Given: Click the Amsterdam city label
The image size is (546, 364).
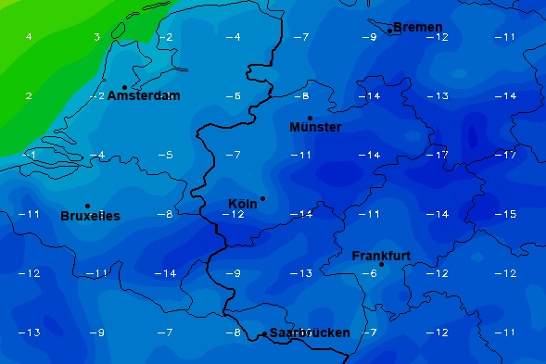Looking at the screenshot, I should (144, 96).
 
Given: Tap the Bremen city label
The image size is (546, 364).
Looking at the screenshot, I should (418, 28).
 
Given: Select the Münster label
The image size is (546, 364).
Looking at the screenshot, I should (315, 127).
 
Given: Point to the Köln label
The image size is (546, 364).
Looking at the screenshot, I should (242, 205).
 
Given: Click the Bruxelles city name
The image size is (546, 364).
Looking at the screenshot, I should (90, 216).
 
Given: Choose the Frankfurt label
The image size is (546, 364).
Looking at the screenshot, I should (381, 256).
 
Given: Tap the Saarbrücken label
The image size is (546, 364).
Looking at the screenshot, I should (310, 333).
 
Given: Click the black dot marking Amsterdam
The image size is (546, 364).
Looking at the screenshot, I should (124, 88).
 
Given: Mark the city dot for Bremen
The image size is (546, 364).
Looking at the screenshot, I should (389, 31).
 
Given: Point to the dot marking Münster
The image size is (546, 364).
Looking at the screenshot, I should (310, 118).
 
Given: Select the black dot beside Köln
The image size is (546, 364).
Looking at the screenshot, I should (262, 198).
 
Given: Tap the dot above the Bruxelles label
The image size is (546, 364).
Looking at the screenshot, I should (87, 206).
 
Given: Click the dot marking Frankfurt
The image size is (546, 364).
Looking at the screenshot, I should (381, 265).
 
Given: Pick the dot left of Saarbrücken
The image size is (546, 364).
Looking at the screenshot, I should (264, 333).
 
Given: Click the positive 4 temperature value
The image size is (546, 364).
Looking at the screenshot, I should (29, 37).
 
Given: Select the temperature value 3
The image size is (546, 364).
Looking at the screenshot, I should (96, 37).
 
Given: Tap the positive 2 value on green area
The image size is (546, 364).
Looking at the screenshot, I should (29, 96).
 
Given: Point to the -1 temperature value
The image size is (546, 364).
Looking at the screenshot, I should (31, 155).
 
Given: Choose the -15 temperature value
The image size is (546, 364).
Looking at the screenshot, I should (504, 214).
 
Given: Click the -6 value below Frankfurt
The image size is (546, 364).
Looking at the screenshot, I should (369, 273).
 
